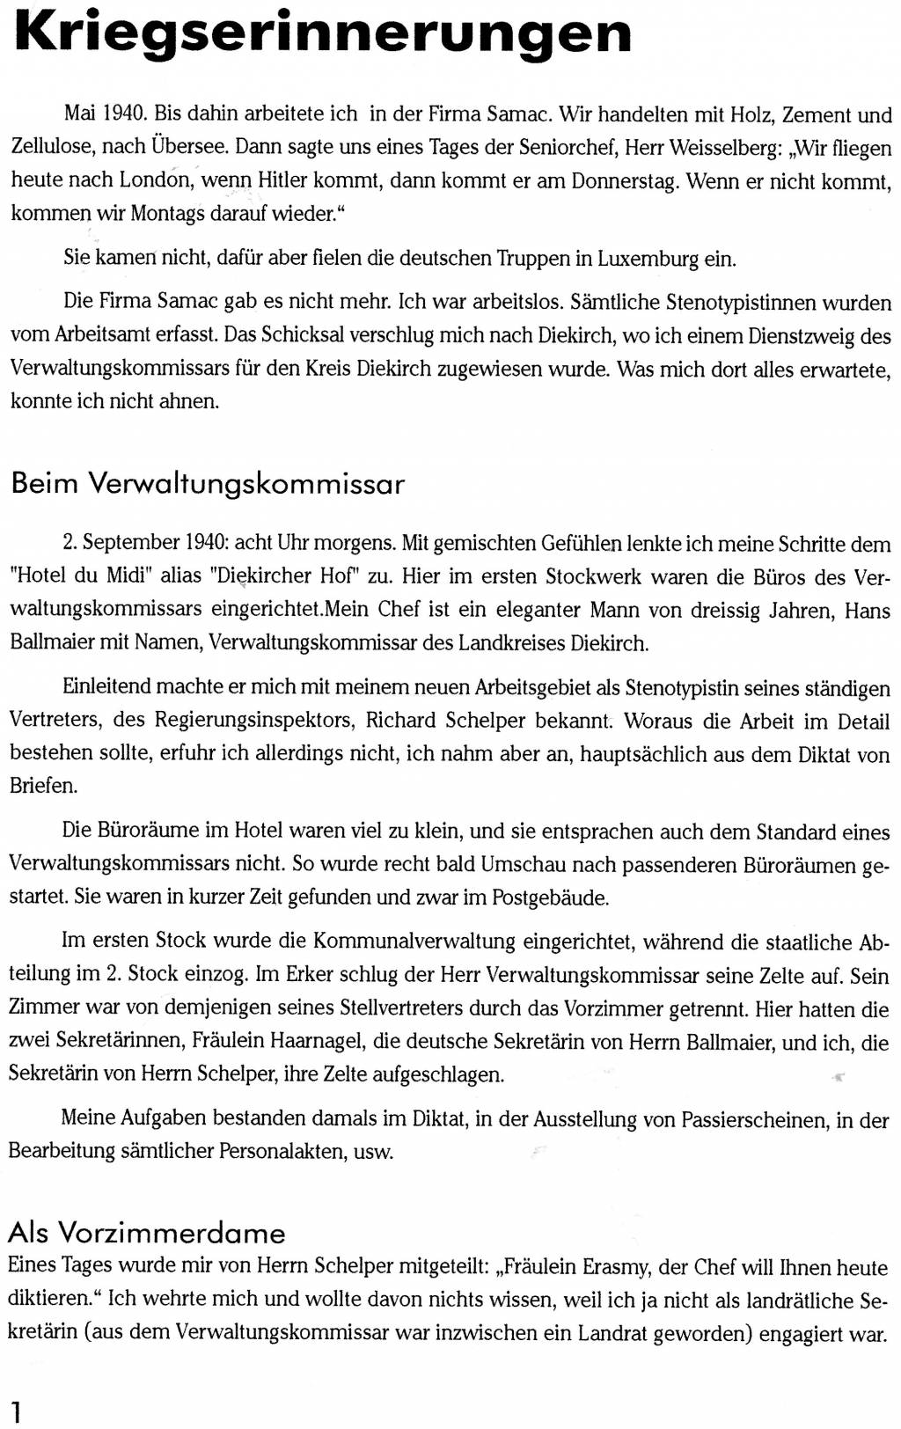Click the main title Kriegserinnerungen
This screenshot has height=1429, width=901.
(322, 33)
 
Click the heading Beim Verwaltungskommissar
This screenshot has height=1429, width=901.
(208, 483)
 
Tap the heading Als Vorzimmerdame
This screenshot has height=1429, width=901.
(147, 1232)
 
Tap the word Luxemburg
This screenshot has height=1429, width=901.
(648, 259)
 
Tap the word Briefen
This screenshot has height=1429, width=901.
(43, 786)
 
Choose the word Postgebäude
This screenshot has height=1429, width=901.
(550, 898)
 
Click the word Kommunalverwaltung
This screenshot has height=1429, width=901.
(414, 941)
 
